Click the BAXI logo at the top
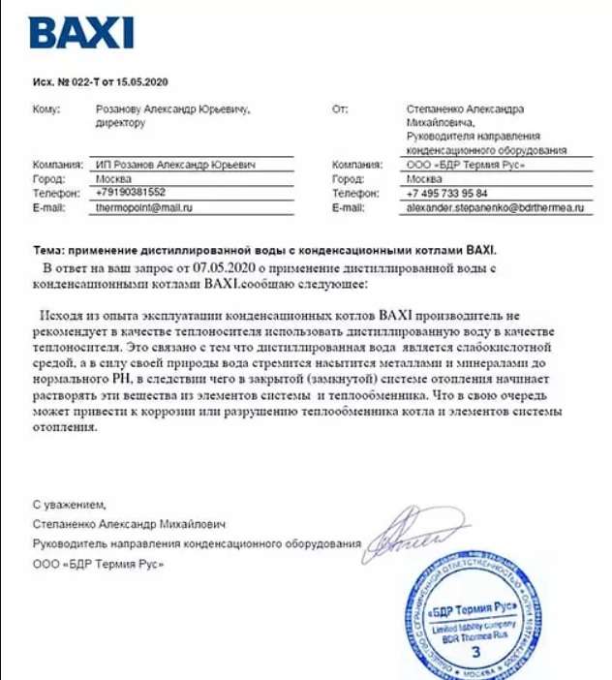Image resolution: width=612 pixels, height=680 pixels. pyautogui.click(x=80, y=33)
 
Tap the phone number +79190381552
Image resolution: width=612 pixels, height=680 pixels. pyautogui.click(x=131, y=193)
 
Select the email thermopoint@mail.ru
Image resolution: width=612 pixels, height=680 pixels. pyautogui.click(x=144, y=207)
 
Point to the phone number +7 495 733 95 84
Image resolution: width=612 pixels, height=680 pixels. pyautogui.click(x=446, y=193)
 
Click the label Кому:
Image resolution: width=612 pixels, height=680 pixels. pyautogui.click(x=46, y=109)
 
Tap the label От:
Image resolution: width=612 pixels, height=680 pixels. pyautogui.click(x=339, y=109)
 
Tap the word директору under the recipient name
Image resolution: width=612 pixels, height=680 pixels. pyautogui.click(x=120, y=124)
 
